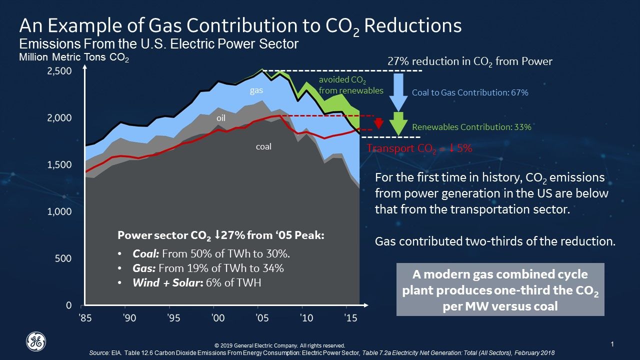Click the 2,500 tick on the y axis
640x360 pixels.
(59, 71)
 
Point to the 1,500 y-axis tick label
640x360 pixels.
(59, 165)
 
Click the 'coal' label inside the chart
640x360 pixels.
(263, 147)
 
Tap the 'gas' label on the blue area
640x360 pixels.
(256, 91)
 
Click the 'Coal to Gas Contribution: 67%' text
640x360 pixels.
(470, 92)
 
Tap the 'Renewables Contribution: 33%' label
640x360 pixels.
(471, 127)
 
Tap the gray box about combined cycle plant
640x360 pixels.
(500, 289)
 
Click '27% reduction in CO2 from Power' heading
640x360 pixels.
(470, 61)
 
